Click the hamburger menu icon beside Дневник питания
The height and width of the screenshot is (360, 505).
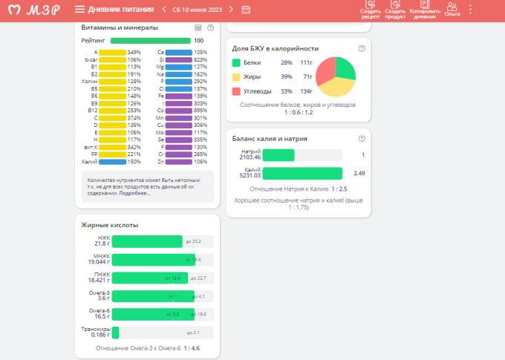(79, 9)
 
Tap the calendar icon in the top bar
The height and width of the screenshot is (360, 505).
(246, 10)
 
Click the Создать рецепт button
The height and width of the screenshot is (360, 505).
(370, 10)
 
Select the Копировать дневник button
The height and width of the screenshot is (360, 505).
(425, 10)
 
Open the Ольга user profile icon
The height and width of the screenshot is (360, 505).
(452, 9)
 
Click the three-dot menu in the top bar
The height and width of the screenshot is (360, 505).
(470, 10)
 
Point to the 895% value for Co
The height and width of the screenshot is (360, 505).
(200, 110)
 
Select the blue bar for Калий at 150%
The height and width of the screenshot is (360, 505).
(112, 161)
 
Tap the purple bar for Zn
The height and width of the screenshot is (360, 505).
(178, 161)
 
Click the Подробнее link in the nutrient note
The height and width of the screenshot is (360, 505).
(134, 193)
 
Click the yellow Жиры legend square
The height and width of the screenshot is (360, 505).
(236, 77)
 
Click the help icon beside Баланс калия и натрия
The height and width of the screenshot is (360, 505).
(362, 138)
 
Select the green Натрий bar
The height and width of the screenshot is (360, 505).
(279, 155)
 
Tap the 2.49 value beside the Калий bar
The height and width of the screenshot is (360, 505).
(359, 173)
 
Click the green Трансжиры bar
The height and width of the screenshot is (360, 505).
(115, 333)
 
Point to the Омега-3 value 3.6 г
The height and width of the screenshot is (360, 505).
(100, 298)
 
